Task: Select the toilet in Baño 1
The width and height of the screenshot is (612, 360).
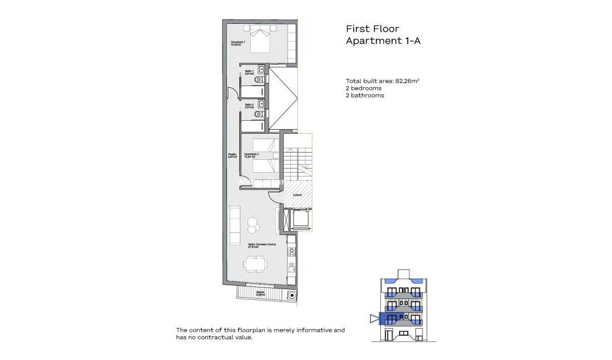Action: (259, 79)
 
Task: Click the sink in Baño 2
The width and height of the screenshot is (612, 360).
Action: (262, 103)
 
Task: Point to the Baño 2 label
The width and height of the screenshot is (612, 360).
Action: (249, 106)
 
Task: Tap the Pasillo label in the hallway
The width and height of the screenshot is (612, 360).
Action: (232, 156)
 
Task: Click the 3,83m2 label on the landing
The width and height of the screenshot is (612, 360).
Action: (297, 195)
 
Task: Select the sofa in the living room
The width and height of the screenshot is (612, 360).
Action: (234, 225)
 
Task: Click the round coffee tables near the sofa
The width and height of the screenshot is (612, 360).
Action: (252, 223)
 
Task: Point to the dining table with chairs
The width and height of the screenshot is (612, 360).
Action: (255, 265)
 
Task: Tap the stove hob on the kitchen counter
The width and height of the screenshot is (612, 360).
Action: (291, 251)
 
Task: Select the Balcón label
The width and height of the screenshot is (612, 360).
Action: (261, 293)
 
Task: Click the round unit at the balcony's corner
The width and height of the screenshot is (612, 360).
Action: (292, 295)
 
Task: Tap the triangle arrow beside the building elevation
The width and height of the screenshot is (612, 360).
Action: (374, 318)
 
